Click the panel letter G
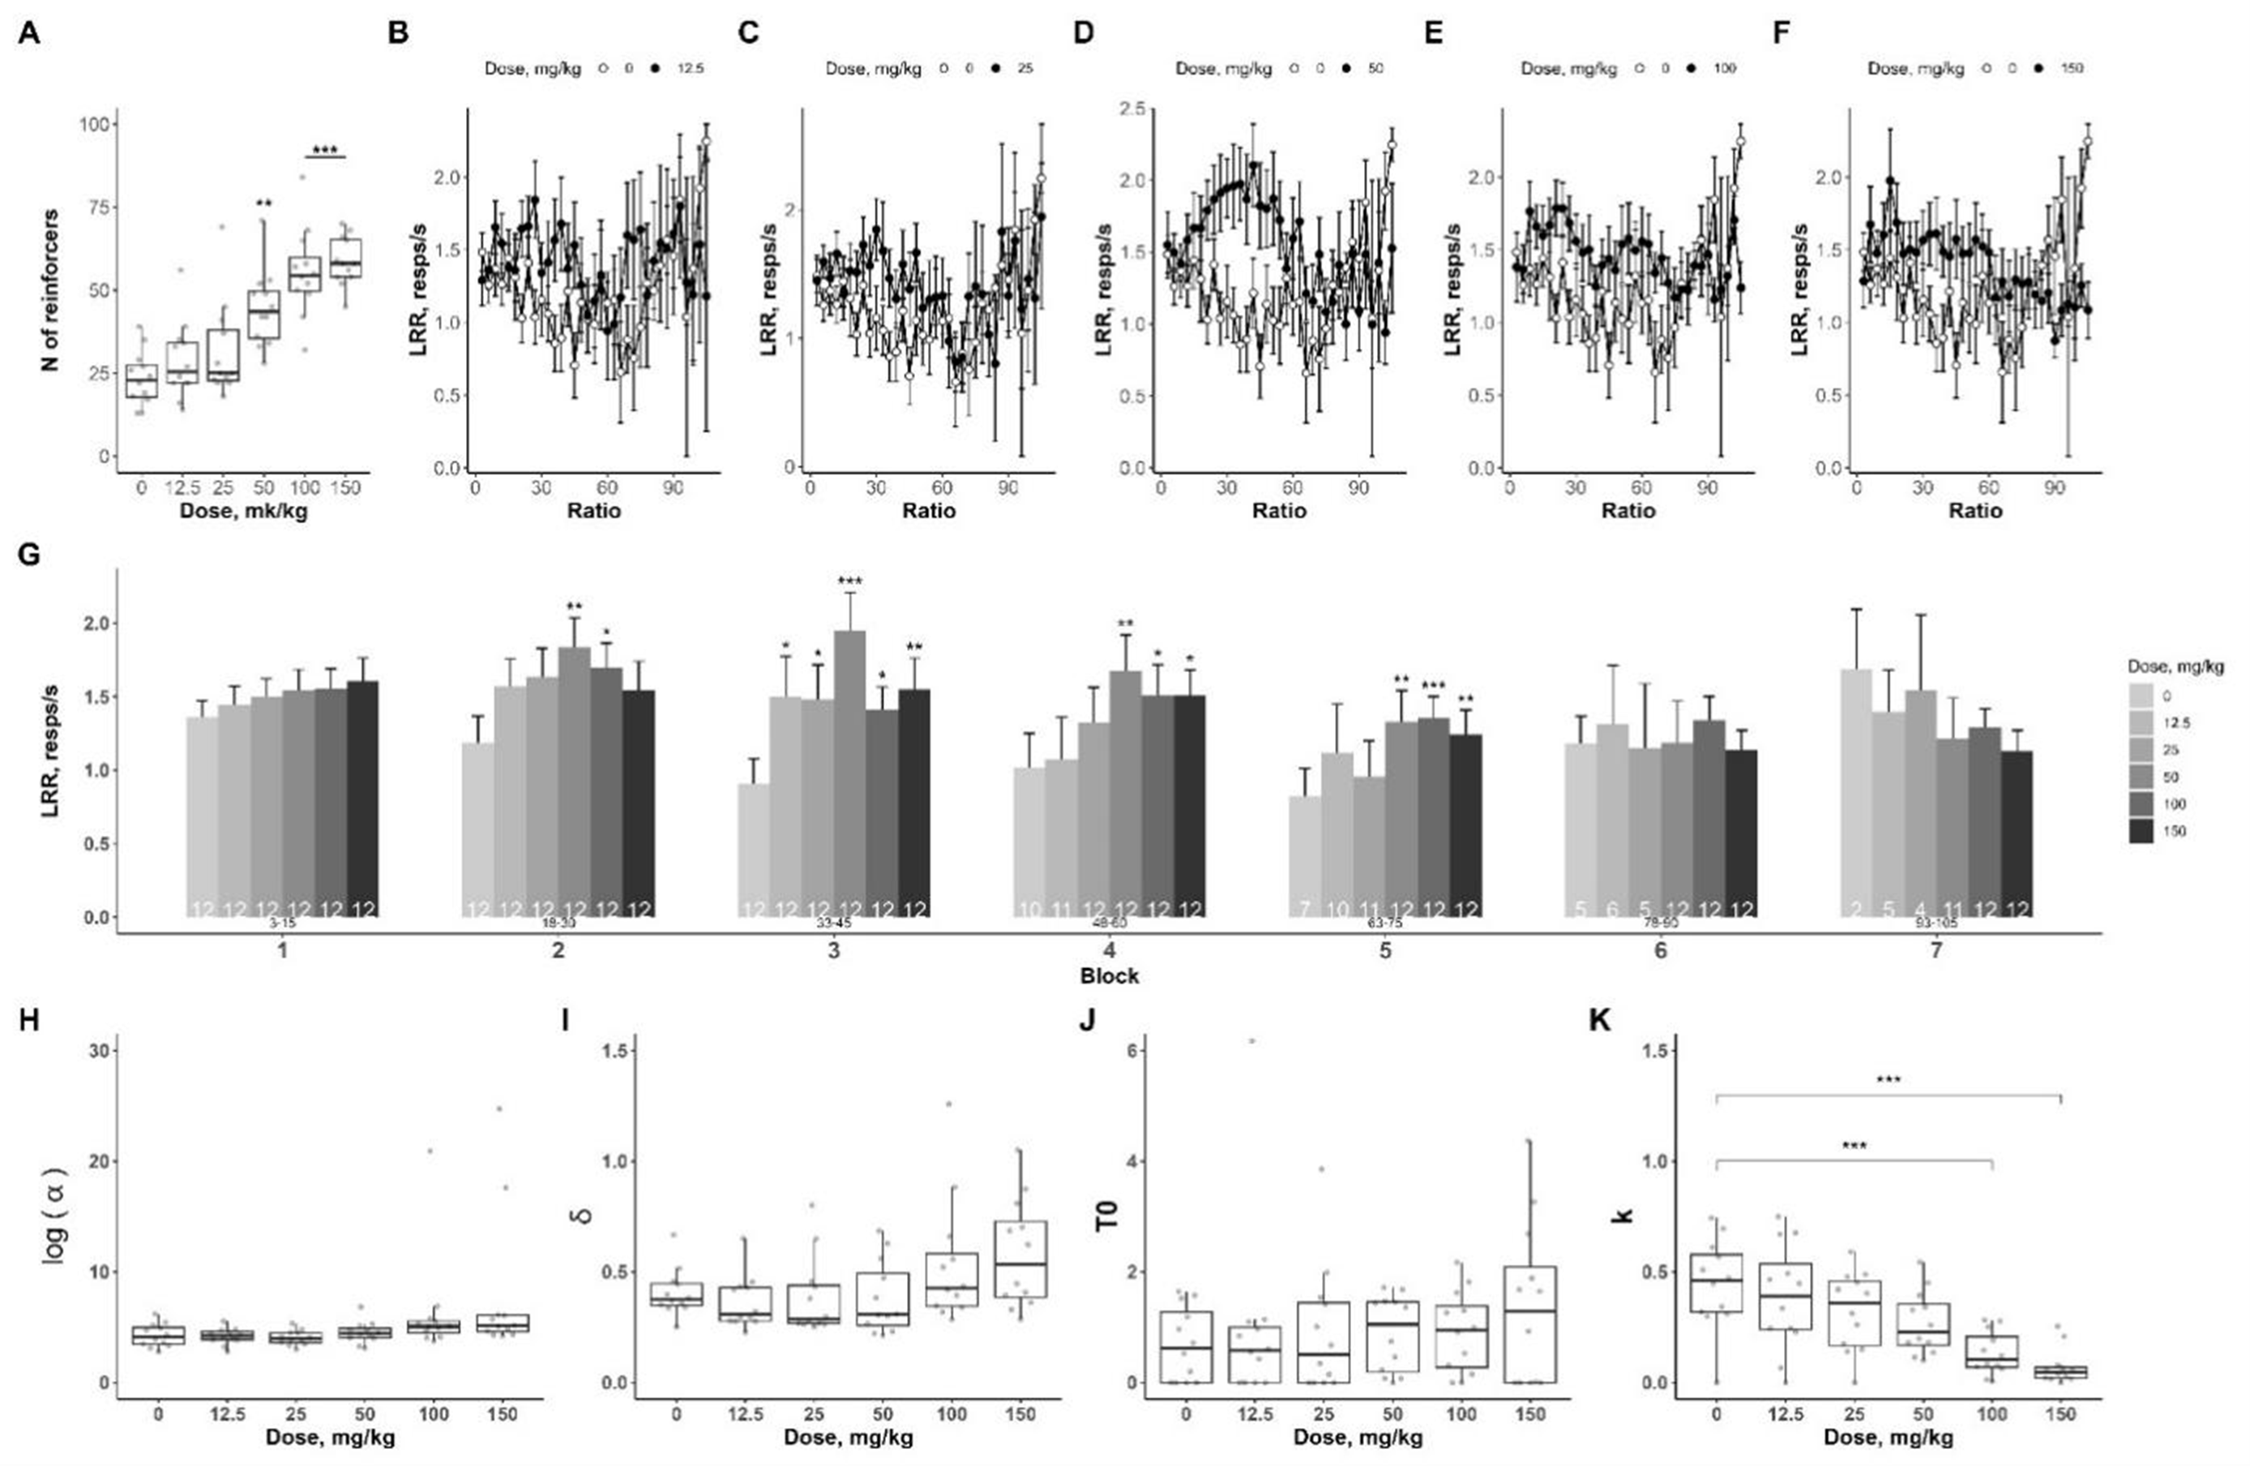[x=29, y=553]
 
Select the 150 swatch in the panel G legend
[x=2141, y=831]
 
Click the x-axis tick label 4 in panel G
[x=1110, y=949]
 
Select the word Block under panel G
[x=1110, y=976]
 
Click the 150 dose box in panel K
[x=2061, y=1371]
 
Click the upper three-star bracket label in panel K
[x=1888, y=1080]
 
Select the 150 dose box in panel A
[x=345, y=257]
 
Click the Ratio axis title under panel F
[x=1975, y=511]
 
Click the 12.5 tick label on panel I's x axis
[x=745, y=1415]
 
